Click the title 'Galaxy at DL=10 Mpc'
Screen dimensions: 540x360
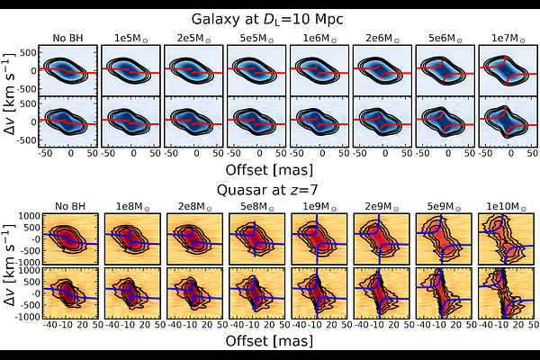267,19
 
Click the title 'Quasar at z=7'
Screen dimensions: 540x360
267,190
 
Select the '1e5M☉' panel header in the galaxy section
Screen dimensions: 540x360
131,38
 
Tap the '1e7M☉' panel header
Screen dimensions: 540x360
508,38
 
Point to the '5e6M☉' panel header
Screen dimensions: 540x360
445,38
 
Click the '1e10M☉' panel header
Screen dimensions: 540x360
506,207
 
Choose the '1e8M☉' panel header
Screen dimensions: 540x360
133,207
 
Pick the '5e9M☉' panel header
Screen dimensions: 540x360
445,207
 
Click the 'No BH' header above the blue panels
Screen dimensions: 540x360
67,38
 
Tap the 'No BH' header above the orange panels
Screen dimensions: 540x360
70,207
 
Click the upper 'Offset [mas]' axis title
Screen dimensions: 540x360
269,170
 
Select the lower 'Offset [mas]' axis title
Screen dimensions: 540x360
269,341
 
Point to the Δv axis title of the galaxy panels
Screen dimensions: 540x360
10,94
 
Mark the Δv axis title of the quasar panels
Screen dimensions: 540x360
10,265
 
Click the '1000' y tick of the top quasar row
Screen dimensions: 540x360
31,216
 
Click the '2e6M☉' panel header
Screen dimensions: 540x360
382,38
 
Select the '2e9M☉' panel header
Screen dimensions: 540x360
382,207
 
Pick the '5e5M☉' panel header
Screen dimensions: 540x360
256,38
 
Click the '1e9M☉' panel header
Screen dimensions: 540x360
319,207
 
